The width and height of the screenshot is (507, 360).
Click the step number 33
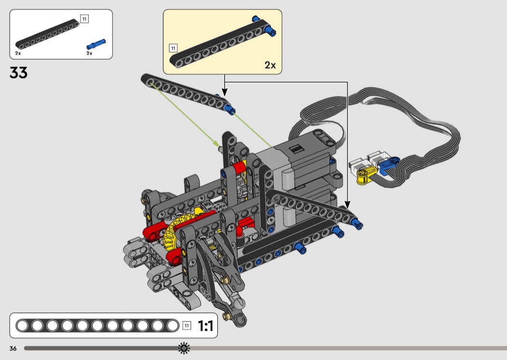pyautogui.click(x=18, y=73)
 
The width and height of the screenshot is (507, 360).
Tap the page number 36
pyautogui.click(x=13, y=348)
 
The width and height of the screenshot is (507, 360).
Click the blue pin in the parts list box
pyautogui.click(x=96, y=44)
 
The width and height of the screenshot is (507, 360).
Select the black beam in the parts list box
pyautogui.click(x=47, y=34)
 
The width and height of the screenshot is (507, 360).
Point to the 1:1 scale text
pyautogui.click(x=205, y=326)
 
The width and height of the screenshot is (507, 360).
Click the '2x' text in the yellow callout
pyautogui.click(x=270, y=65)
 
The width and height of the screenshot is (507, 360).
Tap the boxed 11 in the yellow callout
pyautogui.click(x=173, y=48)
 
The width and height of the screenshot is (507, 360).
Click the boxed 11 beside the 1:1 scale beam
pyautogui.click(x=186, y=325)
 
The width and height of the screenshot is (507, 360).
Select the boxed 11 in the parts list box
pyautogui.click(x=84, y=19)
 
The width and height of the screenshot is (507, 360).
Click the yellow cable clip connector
pyautogui.click(x=366, y=175)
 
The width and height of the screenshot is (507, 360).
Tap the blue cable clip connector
pyautogui.click(x=388, y=165)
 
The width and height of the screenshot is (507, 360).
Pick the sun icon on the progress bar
pyautogui.click(x=184, y=348)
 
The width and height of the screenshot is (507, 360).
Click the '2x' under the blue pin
pyautogui.click(x=89, y=53)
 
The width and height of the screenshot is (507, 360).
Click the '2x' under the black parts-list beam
pyautogui.click(x=18, y=53)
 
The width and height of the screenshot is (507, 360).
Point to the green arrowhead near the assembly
pyautogui.click(x=216, y=143)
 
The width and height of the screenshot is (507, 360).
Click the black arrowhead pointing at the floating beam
pyautogui.click(x=225, y=92)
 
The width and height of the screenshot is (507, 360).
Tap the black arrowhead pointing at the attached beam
pyautogui.click(x=347, y=205)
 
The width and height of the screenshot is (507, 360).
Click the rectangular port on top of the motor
pyautogui.click(x=296, y=149)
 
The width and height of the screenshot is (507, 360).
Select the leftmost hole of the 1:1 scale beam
pyautogui.click(x=22, y=325)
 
